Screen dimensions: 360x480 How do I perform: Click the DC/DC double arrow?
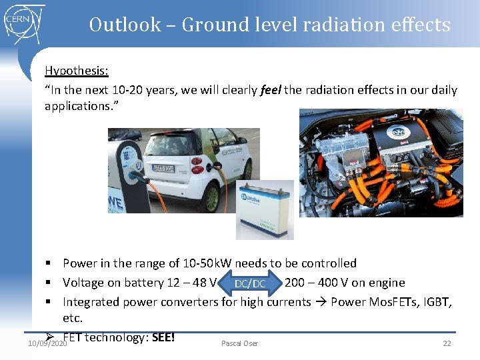(x=250, y=283)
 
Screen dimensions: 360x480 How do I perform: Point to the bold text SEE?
(x=163, y=337)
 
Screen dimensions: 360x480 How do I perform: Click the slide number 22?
(x=447, y=343)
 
